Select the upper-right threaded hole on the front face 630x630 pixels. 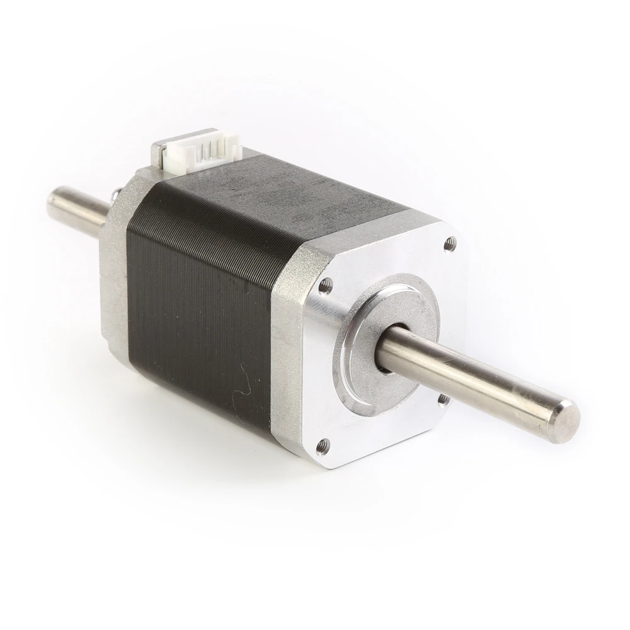[449, 243]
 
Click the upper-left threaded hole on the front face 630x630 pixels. [325, 285]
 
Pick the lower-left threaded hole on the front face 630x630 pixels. [323, 446]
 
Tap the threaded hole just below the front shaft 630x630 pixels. [443, 399]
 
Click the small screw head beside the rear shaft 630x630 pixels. [115, 196]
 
